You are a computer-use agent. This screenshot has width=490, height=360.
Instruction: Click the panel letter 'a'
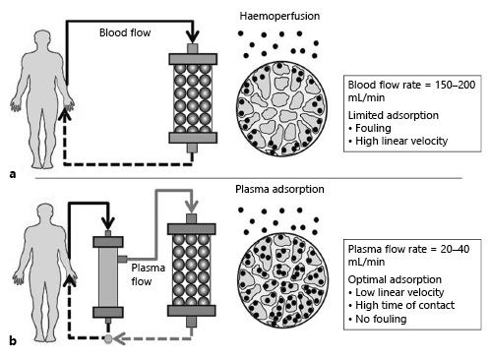tap(12, 173)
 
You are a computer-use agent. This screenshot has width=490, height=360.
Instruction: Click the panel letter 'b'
tap(12, 341)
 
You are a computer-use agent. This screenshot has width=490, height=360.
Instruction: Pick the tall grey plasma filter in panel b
tap(101, 279)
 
